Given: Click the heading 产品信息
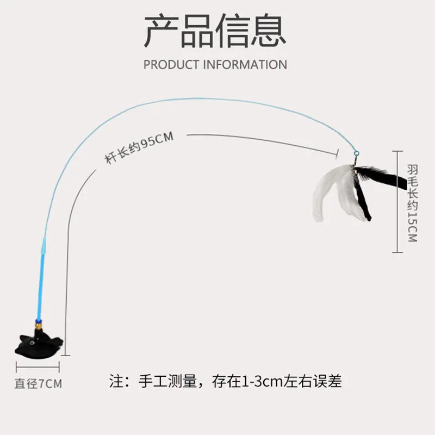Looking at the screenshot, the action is click(215, 31).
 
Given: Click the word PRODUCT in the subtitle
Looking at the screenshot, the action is click(171, 65).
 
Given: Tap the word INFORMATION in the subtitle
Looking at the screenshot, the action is click(245, 65).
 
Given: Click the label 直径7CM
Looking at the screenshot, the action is click(38, 384).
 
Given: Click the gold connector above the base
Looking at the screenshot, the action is click(39, 324).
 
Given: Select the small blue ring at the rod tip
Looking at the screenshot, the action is click(356, 153).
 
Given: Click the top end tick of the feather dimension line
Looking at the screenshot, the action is click(397, 151).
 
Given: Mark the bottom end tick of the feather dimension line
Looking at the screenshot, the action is click(397, 252).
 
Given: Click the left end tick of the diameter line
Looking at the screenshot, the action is click(16, 366).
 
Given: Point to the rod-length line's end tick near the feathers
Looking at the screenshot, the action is click(338, 153).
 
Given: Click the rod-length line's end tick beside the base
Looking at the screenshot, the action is click(65, 356).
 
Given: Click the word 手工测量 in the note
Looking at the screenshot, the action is click(167, 381).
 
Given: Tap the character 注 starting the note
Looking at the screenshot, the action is click(116, 381).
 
